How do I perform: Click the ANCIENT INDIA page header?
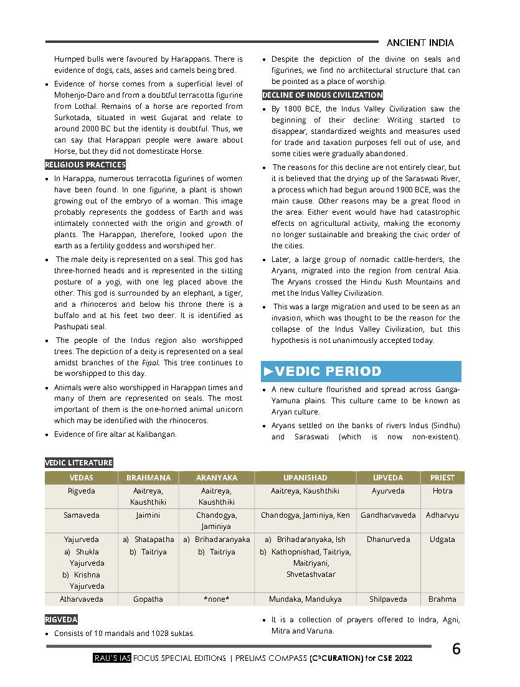420,43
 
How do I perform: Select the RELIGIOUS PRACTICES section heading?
85,165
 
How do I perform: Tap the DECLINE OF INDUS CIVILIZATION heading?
322,95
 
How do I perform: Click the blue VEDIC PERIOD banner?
361,372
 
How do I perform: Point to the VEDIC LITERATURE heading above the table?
79,463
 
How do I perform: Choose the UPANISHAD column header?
305,478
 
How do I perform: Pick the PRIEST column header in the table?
442,478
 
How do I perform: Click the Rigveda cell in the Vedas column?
82,491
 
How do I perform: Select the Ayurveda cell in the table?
388,491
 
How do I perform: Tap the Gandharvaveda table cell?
388,515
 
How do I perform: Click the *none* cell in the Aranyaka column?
217,599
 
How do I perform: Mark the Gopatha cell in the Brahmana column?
148,599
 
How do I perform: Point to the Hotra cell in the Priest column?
442,491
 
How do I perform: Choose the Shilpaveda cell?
388,599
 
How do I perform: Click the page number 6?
456,649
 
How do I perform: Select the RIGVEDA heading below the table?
61,620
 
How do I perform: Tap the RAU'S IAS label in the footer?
112,658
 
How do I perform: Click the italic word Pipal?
151,363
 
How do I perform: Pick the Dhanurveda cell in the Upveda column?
388,540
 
